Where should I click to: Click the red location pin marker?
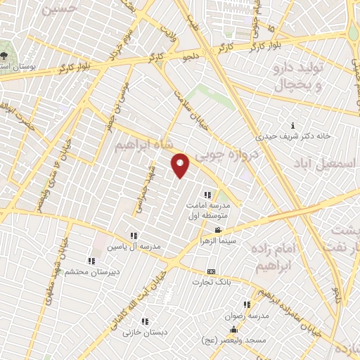click(x=181, y=165)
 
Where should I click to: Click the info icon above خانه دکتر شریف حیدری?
click(x=292, y=127)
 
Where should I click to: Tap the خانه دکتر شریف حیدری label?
click(x=292, y=137)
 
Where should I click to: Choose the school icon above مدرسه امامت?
click(x=207, y=195)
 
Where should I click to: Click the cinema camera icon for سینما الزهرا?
click(x=218, y=231)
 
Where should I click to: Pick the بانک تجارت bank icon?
click(x=211, y=271)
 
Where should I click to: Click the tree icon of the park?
click(x=6, y=55)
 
